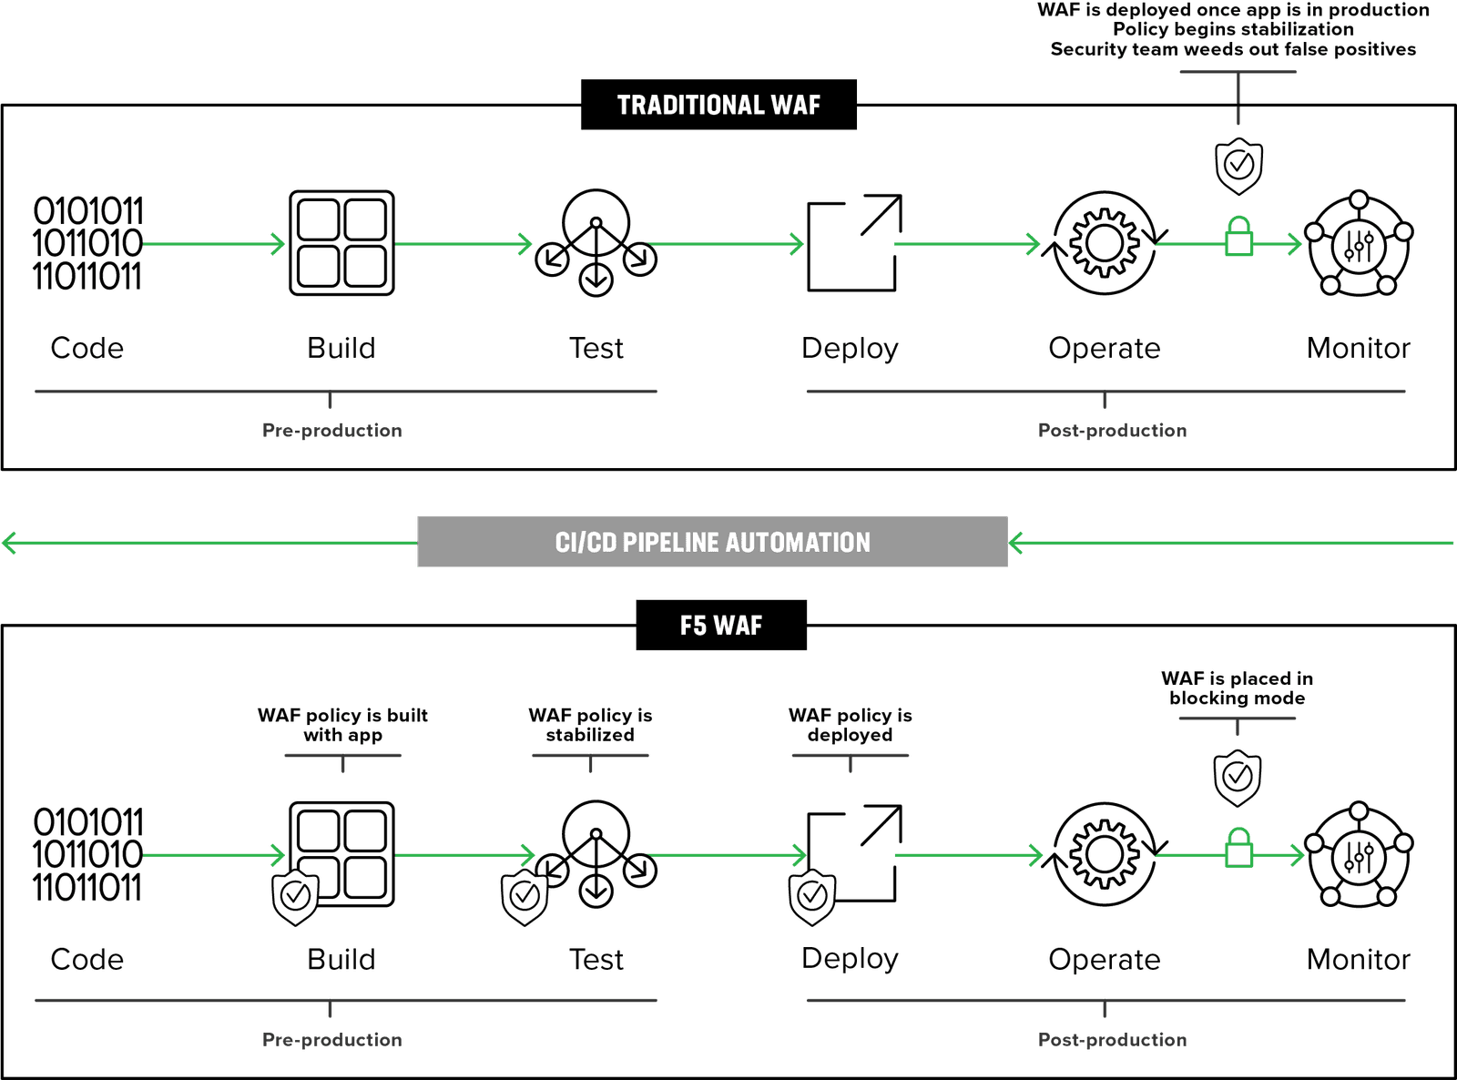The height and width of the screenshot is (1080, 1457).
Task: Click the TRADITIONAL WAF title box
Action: pyautogui.click(x=718, y=105)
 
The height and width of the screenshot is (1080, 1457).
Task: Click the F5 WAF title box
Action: pyautogui.click(x=720, y=625)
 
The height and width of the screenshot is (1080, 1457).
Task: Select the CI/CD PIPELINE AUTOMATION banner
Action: pyautogui.click(x=712, y=542)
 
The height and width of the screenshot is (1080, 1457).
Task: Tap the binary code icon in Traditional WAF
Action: pyautogui.click(x=87, y=243)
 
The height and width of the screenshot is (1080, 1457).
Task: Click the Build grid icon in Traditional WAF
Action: pyautogui.click(x=341, y=243)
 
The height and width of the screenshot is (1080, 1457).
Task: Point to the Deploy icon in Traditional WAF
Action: pyautogui.click(x=853, y=243)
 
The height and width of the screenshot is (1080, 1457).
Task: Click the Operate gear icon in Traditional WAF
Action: pyautogui.click(x=1104, y=243)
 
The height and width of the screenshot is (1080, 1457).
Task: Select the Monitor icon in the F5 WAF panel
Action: pyautogui.click(x=1359, y=855)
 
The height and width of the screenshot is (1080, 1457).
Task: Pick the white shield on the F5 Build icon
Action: pyautogui.click(x=296, y=896)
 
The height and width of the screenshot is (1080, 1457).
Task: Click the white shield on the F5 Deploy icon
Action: pyautogui.click(x=811, y=896)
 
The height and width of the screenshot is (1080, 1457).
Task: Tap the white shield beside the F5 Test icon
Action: pyautogui.click(x=525, y=896)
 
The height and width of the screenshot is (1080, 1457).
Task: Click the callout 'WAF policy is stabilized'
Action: pyautogui.click(x=590, y=725)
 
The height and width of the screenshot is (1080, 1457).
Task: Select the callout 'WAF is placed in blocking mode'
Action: pyautogui.click(x=1237, y=688)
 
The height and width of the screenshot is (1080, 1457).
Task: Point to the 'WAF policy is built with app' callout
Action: pyautogui.click(x=342, y=725)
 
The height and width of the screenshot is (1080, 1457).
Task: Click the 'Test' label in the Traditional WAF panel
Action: pyautogui.click(x=596, y=348)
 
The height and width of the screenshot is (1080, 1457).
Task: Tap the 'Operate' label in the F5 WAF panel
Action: pyautogui.click(x=1104, y=959)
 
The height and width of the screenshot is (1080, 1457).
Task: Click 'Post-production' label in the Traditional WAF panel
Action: pyautogui.click(x=1113, y=430)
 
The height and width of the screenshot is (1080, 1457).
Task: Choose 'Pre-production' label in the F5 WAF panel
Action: pyautogui.click(x=332, y=1039)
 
